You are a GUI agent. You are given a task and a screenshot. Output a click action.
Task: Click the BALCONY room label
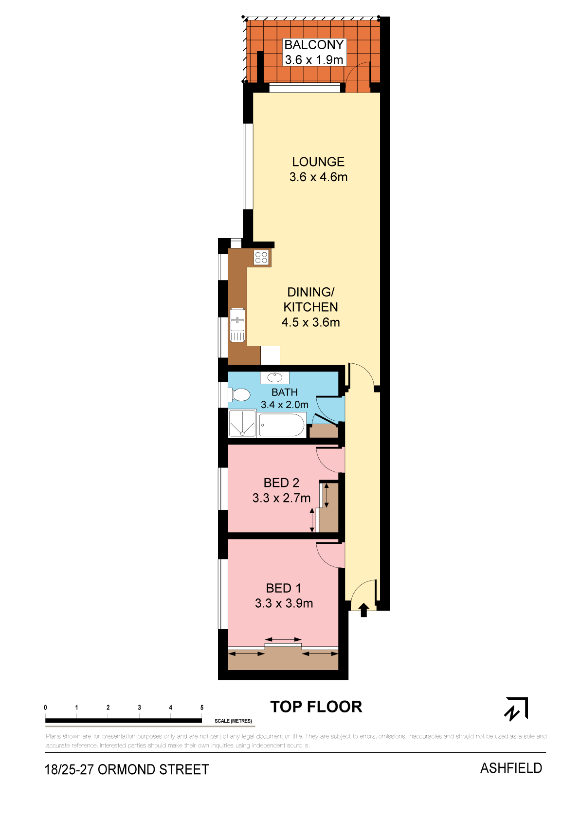point(314,45)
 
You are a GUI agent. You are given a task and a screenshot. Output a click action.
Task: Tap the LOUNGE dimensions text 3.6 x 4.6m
point(318,177)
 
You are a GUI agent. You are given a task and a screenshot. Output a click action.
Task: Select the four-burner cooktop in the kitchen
point(261,257)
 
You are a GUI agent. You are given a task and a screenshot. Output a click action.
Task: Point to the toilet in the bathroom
point(239,395)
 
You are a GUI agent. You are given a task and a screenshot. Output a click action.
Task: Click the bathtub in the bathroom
point(282,425)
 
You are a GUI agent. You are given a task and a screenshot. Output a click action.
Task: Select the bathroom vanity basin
point(274,377)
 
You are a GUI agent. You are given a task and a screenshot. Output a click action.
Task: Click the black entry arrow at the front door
point(363,610)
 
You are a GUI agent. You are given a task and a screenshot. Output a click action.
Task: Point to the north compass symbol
point(516,709)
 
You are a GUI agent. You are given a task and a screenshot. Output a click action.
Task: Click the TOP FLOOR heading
point(316,707)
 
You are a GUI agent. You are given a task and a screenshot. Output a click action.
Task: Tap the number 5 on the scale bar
point(202,708)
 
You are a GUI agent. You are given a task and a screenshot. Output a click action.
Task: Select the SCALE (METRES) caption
point(233,721)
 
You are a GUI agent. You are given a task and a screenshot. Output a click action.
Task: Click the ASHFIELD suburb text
point(511,768)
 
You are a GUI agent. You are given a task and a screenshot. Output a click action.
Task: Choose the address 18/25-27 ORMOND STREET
point(127,769)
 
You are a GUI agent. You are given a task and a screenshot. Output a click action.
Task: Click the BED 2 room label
point(281,483)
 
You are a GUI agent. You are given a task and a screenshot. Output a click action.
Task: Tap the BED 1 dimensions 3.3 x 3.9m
point(284,603)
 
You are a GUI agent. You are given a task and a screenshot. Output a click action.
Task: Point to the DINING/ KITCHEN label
point(310,299)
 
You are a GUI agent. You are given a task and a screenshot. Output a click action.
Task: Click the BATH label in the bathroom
point(285,392)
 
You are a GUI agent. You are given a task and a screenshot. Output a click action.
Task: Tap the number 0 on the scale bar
point(45,708)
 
